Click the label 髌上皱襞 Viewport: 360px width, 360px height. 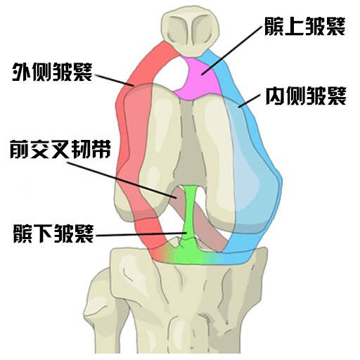click(x=305, y=26)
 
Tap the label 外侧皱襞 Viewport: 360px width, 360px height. click(x=52, y=72)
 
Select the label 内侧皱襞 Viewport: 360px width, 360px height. click(x=306, y=96)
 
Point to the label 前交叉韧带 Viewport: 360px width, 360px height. click(x=60, y=149)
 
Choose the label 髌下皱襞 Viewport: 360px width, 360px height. click(x=53, y=233)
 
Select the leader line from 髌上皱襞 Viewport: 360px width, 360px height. click(x=231, y=51)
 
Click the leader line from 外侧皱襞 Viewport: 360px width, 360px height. click(x=114, y=80)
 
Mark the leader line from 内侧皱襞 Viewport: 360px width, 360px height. click(x=250, y=101)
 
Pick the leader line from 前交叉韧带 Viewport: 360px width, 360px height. click(x=122, y=181)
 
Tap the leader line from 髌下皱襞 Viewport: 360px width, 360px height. click(x=141, y=234)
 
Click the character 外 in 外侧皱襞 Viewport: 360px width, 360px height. click(x=22, y=72)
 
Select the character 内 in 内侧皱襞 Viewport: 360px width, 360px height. click(x=276, y=96)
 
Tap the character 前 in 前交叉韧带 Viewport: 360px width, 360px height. click(x=20, y=149)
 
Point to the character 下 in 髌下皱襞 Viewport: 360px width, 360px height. click(x=44, y=233)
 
